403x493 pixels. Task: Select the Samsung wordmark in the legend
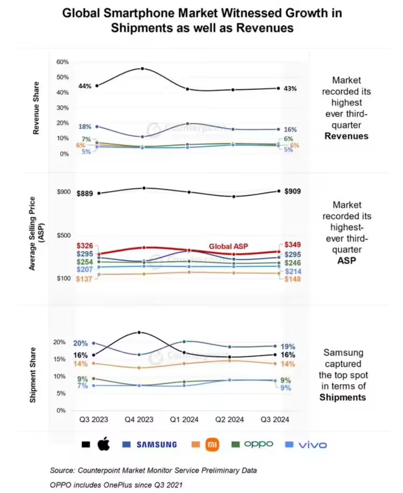(156, 444)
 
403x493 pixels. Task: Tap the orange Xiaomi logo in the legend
(214, 444)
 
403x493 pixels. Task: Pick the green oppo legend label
(258, 444)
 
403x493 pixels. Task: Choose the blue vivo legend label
(312, 444)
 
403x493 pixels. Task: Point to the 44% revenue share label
(85, 86)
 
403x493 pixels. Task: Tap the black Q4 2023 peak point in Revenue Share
(142, 69)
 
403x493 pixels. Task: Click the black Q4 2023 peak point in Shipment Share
(139, 333)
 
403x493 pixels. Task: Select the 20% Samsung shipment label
(81, 343)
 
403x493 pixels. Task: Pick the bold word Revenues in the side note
(350, 136)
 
